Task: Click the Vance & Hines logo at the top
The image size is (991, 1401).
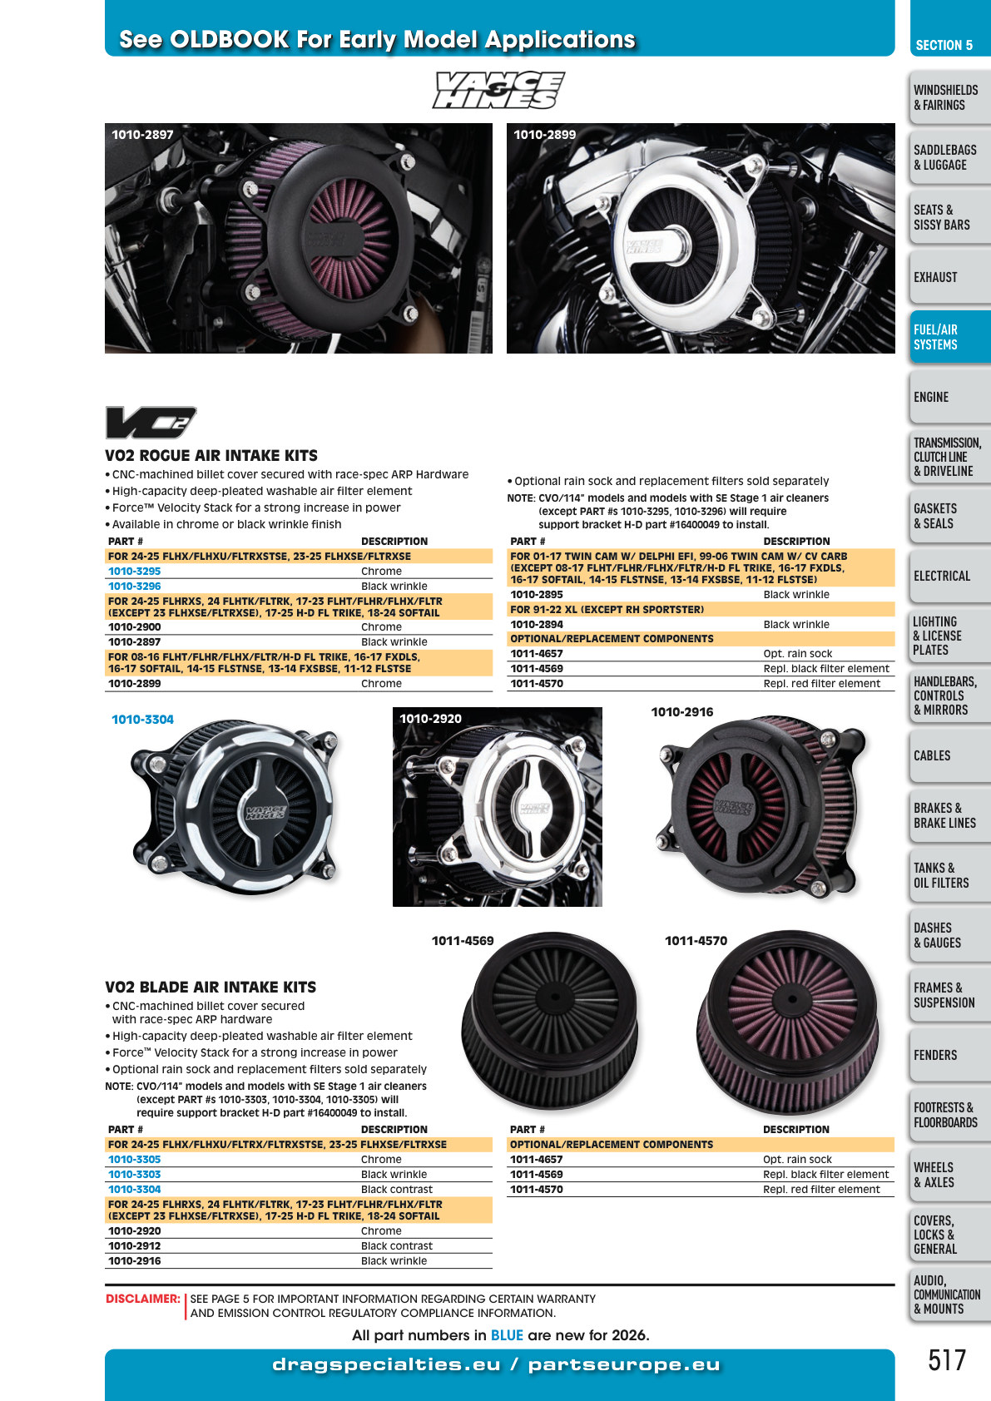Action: (x=498, y=90)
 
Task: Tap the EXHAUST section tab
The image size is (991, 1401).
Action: (x=949, y=277)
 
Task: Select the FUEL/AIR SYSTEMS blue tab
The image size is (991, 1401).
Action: (x=949, y=337)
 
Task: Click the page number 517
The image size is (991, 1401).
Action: (x=947, y=1359)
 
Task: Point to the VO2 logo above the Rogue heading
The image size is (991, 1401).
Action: (x=151, y=422)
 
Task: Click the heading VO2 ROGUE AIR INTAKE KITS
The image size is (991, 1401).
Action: (x=211, y=455)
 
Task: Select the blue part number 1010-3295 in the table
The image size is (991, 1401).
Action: (x=135, y=571)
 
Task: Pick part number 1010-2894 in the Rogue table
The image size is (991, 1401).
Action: (x=537, y=624)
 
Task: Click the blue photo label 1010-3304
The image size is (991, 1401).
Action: (x=142, y=720)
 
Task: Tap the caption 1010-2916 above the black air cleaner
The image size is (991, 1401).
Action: (x=682, y=712)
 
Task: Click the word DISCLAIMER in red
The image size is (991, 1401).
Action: (x=142, y=1299)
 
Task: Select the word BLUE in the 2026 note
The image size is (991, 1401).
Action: (x=507, y=1335)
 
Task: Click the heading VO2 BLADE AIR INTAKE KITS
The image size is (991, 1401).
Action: (x=211, y=987)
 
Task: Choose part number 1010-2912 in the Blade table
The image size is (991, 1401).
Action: (x=135, y=1246)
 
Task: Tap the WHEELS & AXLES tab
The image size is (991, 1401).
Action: (x=949, y=1175)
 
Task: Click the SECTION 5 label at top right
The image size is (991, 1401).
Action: (x=944, y=45)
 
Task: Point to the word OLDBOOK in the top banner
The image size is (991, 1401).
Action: (x=230, y=39)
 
